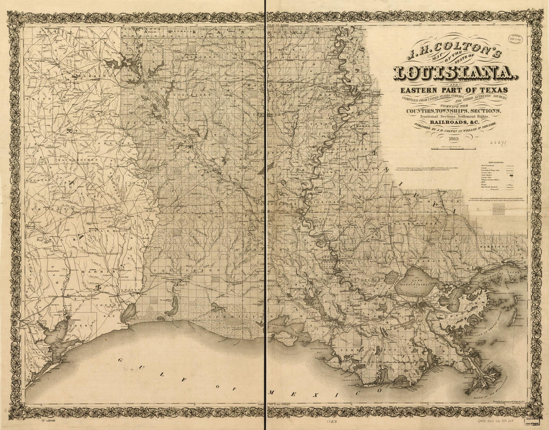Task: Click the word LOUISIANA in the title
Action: pos(454,73)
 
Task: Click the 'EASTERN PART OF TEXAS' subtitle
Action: pos(454,90)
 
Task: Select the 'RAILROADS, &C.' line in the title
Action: pos(453,122)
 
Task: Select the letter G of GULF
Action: pos(120,359)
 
